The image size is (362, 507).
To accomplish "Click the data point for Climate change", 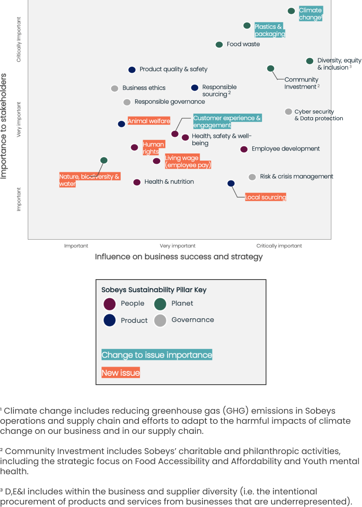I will [x=291, y=11].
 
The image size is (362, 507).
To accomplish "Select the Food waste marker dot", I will [x=219, y=45].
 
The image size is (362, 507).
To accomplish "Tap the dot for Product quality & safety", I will [x=132, y=70].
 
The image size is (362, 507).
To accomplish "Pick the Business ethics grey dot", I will [x=114, y=88].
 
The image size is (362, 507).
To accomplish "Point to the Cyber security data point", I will [x=288, y=112].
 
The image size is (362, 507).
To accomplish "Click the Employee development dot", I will [x=244, y=149].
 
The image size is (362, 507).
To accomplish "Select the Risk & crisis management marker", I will [x=252, y=177].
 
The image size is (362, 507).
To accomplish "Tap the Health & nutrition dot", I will [x=137, y=182].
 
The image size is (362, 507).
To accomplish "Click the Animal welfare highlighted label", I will [x=149, y=121].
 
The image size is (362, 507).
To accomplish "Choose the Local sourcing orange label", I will [x=266, y=197].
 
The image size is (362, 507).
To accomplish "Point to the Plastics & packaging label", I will [x=269, y=30].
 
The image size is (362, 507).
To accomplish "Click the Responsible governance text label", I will [x=170, y=102].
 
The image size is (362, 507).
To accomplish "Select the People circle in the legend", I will [x=109, y=304].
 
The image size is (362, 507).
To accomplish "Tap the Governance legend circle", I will [x=160, y=320].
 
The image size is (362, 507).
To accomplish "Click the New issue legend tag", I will [x=121, y=373].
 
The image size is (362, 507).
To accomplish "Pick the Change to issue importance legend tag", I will [x=157, y=355].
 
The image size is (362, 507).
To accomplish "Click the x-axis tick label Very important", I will [x=178, y=246].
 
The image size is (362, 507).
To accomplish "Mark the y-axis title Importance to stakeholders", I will [x=4, y=126].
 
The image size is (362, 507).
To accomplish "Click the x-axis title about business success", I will [x=179, y=257].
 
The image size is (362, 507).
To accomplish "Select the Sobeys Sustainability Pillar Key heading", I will [x=154, y=290].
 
